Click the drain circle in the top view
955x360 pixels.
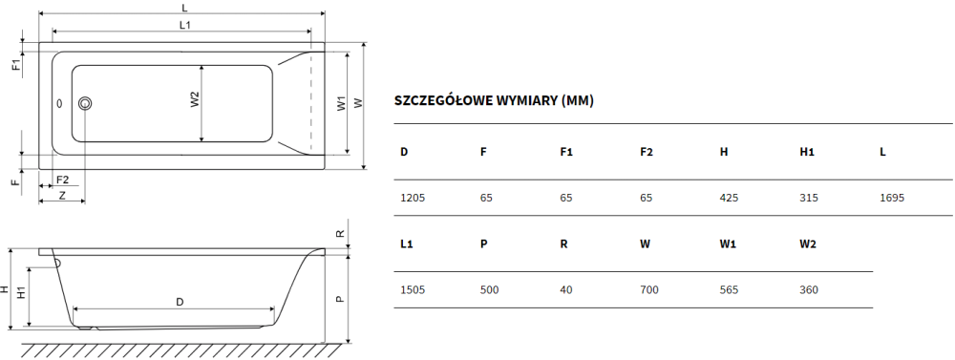tap(85, 103)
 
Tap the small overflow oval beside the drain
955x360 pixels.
tap(59, 104)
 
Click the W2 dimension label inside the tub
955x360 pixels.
tap(194, 100)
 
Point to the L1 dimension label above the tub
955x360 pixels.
tap(185, 25)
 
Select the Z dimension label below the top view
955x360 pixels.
tap(62, 196)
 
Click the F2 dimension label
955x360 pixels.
tap(62, 180)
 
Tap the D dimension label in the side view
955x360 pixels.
tap(180, 302)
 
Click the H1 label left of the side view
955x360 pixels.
tap(21, 292)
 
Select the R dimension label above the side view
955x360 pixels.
tap(341, 233)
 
